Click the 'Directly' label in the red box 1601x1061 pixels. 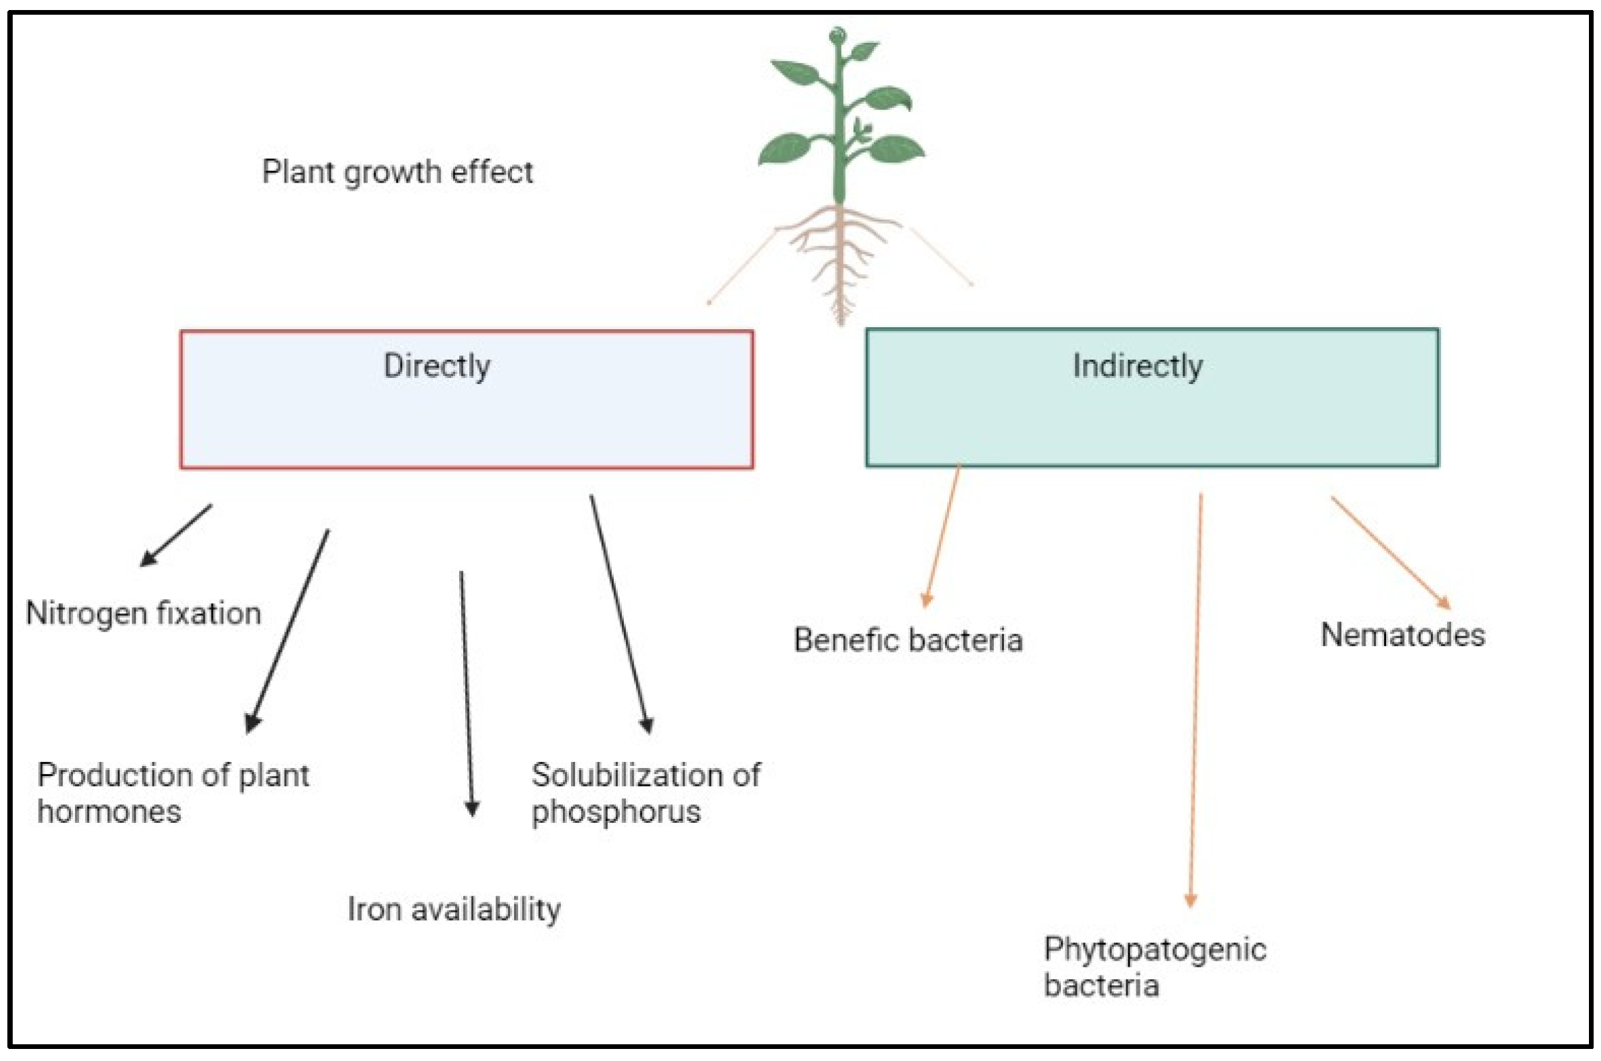pos(436,366)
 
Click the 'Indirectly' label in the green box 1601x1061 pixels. pos(1137,366)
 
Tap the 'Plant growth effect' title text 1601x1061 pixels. pos(398,172)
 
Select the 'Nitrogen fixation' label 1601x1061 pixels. pos(143,613)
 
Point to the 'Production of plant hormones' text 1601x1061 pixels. pos(173,792)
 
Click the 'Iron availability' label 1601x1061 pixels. pos(454,908)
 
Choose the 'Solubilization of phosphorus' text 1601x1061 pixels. pos(645,792)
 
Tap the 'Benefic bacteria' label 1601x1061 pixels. pos(908,640)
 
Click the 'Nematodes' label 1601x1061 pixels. pos(1403,635)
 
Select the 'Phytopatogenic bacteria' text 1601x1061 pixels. pos(1155,967)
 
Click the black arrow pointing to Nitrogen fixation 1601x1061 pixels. pos(176,535)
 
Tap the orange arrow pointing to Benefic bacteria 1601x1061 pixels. pos(942,535)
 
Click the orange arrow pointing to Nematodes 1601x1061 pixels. pos(1390,552)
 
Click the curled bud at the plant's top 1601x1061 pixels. pos(838,34)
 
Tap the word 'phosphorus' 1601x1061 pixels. pos(616,811)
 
